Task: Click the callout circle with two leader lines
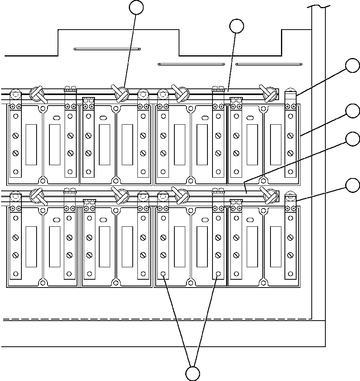pyautogui.click(x=192, y=373)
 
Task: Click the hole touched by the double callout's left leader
pyautogui.click(x=163, y=274)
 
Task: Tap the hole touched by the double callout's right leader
pyautogui.click(x=218, y=274)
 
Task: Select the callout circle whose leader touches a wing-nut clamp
pyautogui.click(x=137, y=7)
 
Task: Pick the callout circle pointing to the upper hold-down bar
pyautogui.click(x=237, y=26)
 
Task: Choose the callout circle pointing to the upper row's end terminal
pyautogui.click(x=353, y=65)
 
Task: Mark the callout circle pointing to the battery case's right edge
pyautogui.click(x=353, y=111)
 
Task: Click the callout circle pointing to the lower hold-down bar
pyautogui.click(x=353, y=139)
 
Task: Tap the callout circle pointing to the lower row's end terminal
pyautogui.click(x=353, y=185)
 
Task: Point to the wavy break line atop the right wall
pyautogui.click(x=319, y=6)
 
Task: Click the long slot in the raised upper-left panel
pyautogui.click(x=107, y=49)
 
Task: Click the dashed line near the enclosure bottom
pyautogui.click(x=156, y=319)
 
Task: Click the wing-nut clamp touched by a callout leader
pyautogui.click(x=121, y=93)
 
